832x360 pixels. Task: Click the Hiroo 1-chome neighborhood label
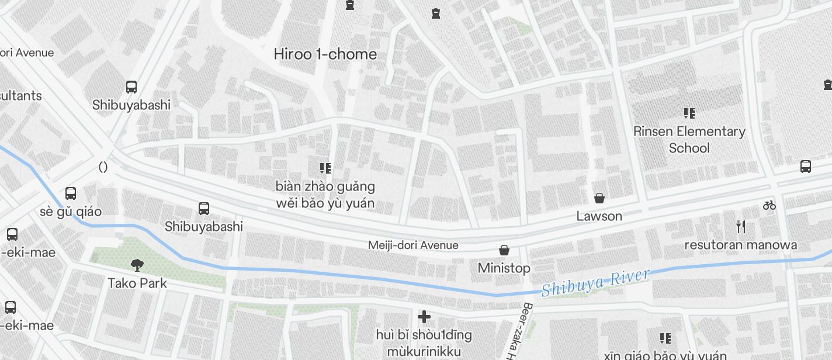pyautogui.click(x=325, y=54)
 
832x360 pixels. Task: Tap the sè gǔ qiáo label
pyautogui.click(x=71, y=212)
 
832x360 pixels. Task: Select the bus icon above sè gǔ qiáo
pyautogui.click(x=71, y=193)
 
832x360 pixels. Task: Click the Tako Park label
pyautogui.click(x=137, y=283)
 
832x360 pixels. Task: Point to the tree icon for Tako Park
pyautogui.click(x=137, y=265)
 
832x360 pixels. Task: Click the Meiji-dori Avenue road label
pyautogui.click(x=413, y=245)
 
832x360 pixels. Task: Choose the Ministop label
pyautogui.click(x=504, y=268)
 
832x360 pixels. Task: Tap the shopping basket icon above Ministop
pyautogui.click(x=504, y=251)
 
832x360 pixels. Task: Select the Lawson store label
pyautogui.click(x=599, y=216)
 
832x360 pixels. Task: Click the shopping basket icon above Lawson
pyautogui.click(x=599, y=198)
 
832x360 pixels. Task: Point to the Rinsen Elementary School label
pyautogui.click(x=689, y=140)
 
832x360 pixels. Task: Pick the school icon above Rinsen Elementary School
pyautogui.click(x=689, y=113)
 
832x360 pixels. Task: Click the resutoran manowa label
pyautogui.click(x=740, y=245)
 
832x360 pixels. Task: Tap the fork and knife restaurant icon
pyautogui.click(x=741, y=227)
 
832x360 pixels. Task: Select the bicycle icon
pyautogui.click(x=769, y=205)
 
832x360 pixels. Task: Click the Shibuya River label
pyautogui.click(x=595, y=283)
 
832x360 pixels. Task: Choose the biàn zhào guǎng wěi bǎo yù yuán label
pyautogui.click(x=325, y=195)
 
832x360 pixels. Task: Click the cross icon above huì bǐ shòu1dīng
pyautogui.click(x=424, y=317)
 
